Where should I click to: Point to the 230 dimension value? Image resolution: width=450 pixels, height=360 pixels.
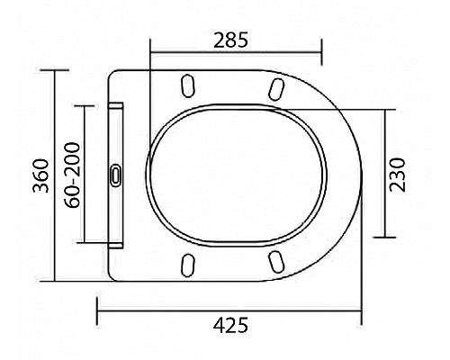pos(400,173)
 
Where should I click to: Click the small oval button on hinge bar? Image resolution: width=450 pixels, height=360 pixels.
pos(115,175)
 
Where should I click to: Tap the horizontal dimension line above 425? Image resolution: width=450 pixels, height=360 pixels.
pos(229,310)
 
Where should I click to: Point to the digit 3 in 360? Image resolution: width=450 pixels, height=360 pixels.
pos(35,194)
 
